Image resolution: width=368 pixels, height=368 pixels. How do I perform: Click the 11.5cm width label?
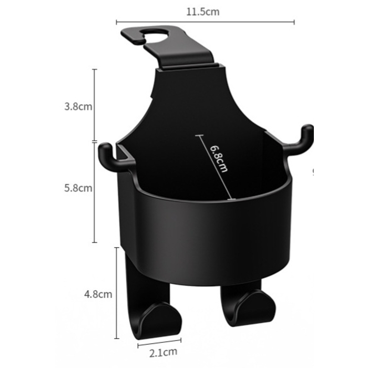(205, 12)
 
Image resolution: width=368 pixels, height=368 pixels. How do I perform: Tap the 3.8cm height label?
(78, 106)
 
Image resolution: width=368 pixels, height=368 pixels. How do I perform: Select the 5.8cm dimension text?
(78, 188)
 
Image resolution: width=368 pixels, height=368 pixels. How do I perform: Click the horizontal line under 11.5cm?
(205, 22)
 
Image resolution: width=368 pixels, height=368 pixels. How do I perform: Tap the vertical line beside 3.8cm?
(95, 105)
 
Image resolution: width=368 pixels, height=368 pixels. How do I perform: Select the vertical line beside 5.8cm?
(95, 192)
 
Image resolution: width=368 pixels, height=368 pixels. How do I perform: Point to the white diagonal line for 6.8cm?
(214, 168)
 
